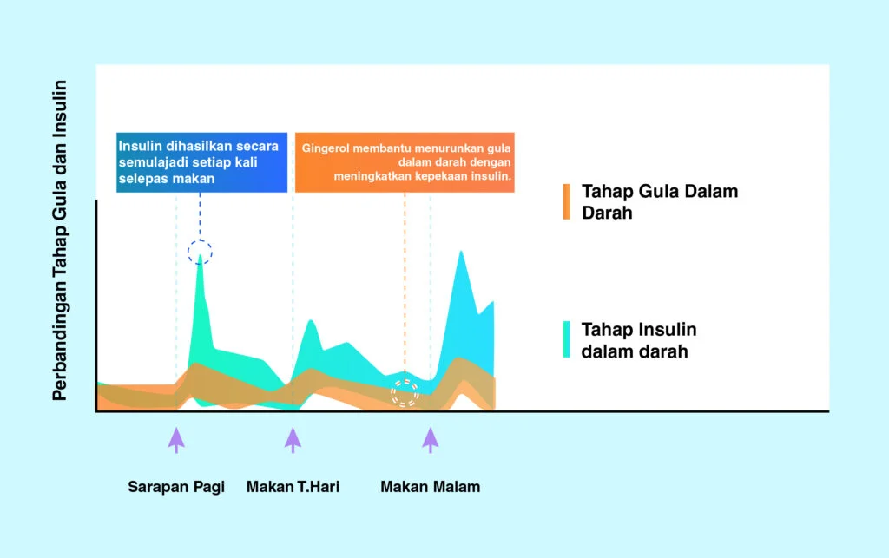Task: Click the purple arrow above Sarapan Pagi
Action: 176,440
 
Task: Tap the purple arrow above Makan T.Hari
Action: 293,440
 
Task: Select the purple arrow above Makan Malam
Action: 431,440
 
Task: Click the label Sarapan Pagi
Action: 176,487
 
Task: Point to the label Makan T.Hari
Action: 293,487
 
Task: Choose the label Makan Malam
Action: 431,487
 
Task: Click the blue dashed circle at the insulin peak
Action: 201,240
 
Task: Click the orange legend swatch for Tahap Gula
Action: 566,201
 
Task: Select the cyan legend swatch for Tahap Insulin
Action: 566,339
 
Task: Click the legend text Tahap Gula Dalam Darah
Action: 660,201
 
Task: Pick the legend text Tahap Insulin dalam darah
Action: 639,340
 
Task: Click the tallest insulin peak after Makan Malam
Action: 462,252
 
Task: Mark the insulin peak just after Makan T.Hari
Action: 312,321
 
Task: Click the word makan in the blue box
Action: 198,179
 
